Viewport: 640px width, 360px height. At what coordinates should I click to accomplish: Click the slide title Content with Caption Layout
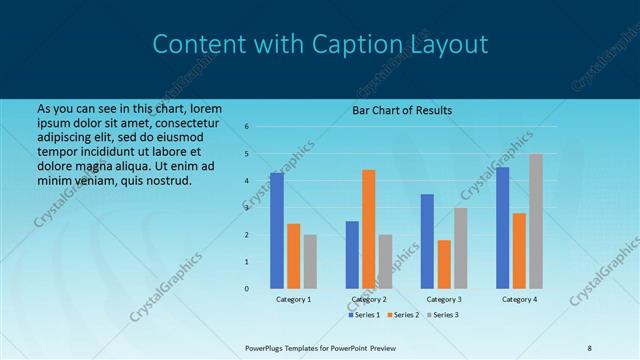[x=320, y=44]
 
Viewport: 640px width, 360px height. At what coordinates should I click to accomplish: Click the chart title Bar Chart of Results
[x=402, y=110]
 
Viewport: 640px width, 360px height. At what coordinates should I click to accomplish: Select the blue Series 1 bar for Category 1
[x=277, y=231]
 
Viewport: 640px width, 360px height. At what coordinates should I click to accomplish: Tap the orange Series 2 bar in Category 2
[x=369, y=229]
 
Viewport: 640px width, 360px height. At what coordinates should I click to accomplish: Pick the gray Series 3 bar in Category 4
[x=536, y=221]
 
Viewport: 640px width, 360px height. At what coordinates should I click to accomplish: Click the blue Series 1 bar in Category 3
[x=427, y=241]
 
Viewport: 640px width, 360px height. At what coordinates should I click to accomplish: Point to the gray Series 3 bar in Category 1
[x=310, y=261]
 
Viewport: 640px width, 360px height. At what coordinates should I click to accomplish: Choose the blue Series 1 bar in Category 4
[x=502, y=227]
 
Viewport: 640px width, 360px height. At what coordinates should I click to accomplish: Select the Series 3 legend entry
[x=442, y=315]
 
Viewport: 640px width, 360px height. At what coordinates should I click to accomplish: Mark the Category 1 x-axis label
[x=293, y=299]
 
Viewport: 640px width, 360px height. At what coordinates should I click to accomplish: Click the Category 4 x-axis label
[x=519, y=299]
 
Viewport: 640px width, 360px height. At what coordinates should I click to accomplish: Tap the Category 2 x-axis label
[x=369, y=299]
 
